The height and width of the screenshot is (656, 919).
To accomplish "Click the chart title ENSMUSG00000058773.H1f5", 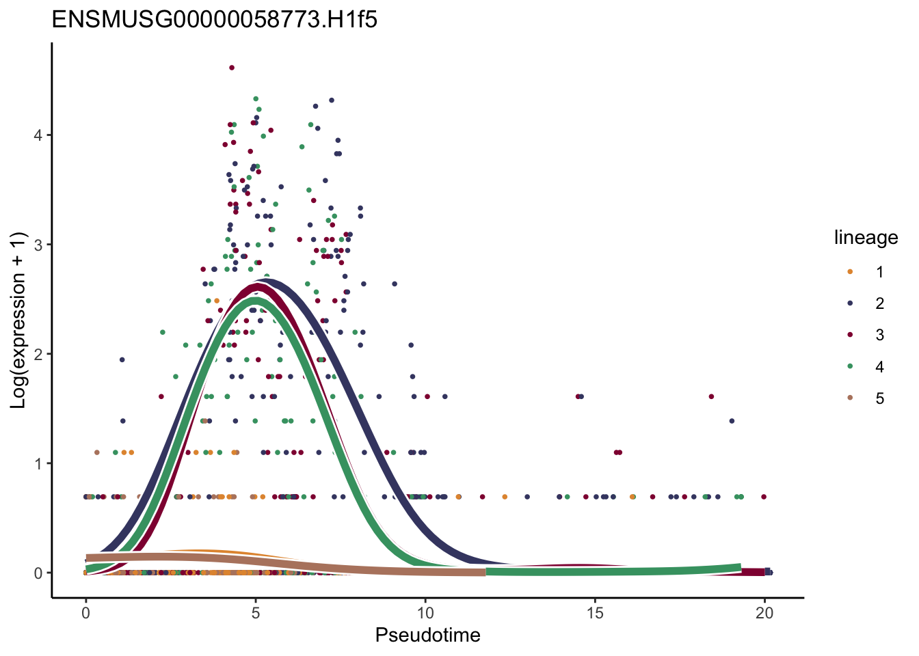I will pos(215,20).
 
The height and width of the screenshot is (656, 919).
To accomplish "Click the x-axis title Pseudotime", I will pos(427,635).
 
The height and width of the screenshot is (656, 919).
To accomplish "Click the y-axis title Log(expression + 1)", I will pos(18,320).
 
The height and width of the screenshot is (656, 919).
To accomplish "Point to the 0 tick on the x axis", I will pos(85,613).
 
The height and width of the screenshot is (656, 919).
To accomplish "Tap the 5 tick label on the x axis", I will pos(255,613).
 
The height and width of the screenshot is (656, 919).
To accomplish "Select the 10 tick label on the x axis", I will pos(425,613).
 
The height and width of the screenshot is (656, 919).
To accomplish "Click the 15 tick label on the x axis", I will pos(595,613).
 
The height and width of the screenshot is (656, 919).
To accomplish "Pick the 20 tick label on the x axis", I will pos(764,613).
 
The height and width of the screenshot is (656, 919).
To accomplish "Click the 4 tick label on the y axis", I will pos(38,135).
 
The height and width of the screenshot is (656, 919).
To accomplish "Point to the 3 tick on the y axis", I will pos(38,245).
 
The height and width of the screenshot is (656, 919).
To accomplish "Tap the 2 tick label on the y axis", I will pos(38,354).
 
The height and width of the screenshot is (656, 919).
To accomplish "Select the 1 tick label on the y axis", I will pos(38,463).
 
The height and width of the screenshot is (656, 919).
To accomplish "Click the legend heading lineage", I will pos(866,238).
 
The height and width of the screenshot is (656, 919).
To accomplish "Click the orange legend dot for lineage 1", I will pos(850,272).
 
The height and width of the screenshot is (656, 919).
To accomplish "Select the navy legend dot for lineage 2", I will pos(850,303).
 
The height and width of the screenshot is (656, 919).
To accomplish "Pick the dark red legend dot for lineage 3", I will pos(850,335).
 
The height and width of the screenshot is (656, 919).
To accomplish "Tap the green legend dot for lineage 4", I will pos(850,366).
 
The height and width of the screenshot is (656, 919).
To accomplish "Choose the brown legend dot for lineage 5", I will pos(850,398).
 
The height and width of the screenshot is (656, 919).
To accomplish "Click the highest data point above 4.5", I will pos(232,68).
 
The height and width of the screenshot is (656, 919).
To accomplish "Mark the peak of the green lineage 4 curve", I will pos(254,301).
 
